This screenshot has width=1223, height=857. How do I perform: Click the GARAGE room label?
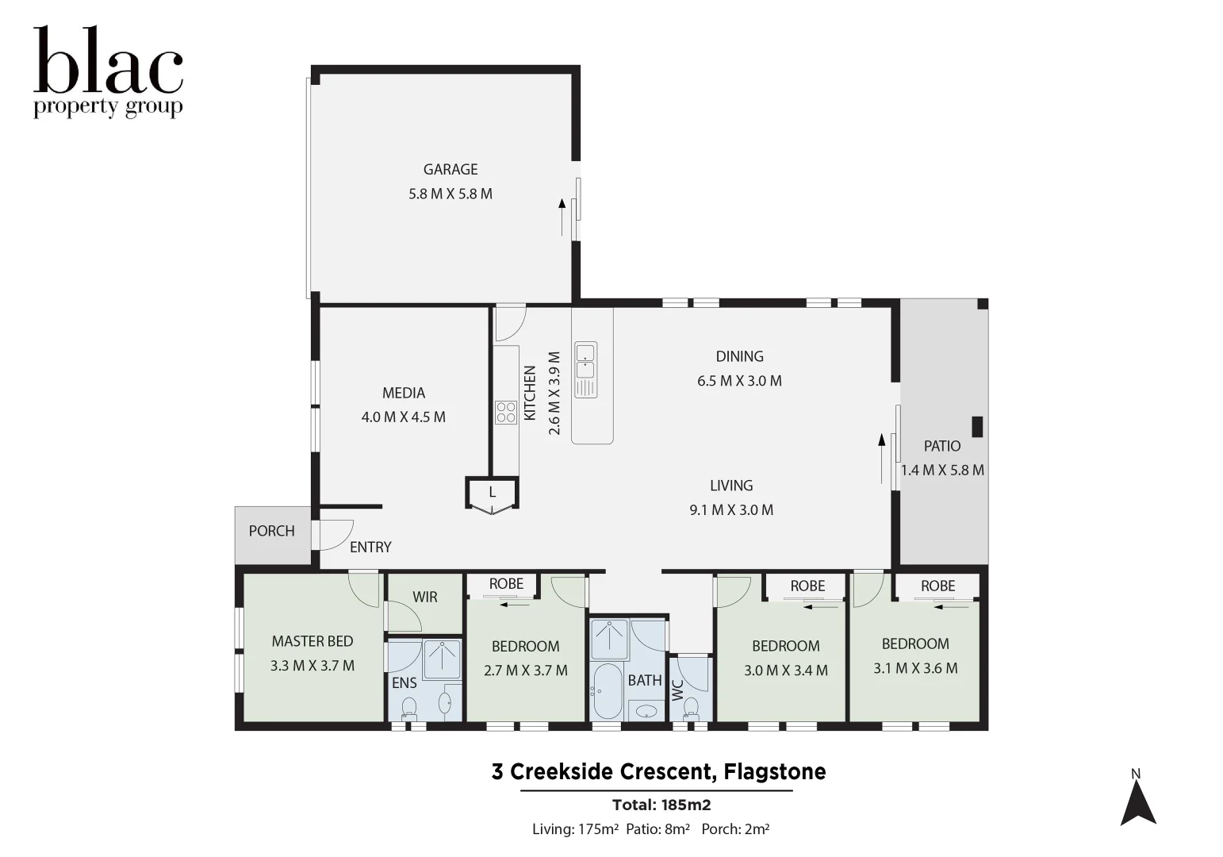click(x=450, y=169)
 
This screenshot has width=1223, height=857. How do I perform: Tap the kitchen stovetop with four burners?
click(x=505, y=413)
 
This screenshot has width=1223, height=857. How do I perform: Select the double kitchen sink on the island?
click(x=585, y=360)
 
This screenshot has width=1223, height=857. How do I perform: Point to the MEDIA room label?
click(x=403, y=393)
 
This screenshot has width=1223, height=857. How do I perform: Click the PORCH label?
click(x=271, y=531)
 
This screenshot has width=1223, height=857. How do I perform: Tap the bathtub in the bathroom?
click(x=607, y=691)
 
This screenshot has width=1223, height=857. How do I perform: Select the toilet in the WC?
click(x=691, y=706)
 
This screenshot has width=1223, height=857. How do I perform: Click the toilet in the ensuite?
click(x=409, y=707)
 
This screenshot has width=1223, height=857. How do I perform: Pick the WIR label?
click(x=424, y=597)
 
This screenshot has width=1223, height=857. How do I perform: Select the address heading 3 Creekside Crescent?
click(x=658, y=771)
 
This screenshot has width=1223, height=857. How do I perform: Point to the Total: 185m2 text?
click(x=661, y=805)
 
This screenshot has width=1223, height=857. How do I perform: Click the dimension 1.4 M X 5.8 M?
click(x=942, y=470)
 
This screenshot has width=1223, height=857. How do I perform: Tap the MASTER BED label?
click(x=312, y=641)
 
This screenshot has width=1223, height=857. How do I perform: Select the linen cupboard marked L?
click(x=492, y=493)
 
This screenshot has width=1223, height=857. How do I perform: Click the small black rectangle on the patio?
click(x=977, y=426)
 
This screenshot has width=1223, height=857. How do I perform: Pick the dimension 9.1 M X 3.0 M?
click(x=731, y=509)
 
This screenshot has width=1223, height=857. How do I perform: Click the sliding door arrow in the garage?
click(x=562, y=217)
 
